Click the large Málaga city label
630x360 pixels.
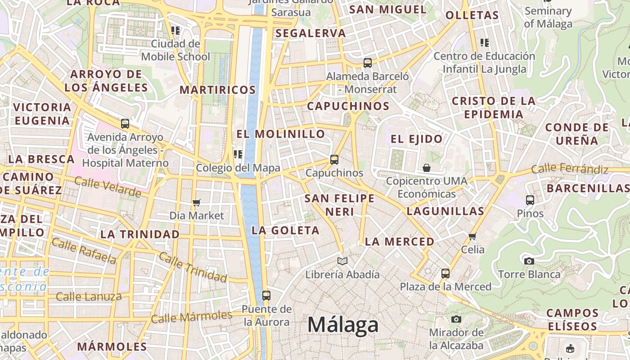tap(343, 324)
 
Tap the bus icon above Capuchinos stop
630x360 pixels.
tap(334, 160)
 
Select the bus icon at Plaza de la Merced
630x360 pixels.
tap(445, 274)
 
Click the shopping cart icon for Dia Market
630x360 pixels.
tap(196, 203)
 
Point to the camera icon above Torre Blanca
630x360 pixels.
tap(529, 261)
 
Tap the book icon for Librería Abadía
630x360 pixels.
tap(342, 261)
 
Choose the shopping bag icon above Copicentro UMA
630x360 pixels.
tap(426, 168)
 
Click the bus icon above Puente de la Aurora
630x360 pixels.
tap(266, 296)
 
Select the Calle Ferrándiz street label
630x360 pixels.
tap(569, 169)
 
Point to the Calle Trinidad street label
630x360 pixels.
tap(193, 267)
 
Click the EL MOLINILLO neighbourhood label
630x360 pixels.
tap(281, 134)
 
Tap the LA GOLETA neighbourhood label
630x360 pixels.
tap(285, 230)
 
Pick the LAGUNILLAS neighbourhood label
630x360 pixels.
tap(445, 211)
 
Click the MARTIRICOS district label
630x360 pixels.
tap(218, 90)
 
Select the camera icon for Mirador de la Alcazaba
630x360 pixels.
tap(456, 319)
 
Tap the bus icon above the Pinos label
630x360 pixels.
tap(530, 200)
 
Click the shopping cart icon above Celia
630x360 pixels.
tap(472, 236)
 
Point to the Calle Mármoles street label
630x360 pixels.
tap(191, 317)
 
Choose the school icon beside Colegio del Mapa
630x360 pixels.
tap(238, 155)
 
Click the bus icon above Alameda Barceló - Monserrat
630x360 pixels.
tap(368, 63)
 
